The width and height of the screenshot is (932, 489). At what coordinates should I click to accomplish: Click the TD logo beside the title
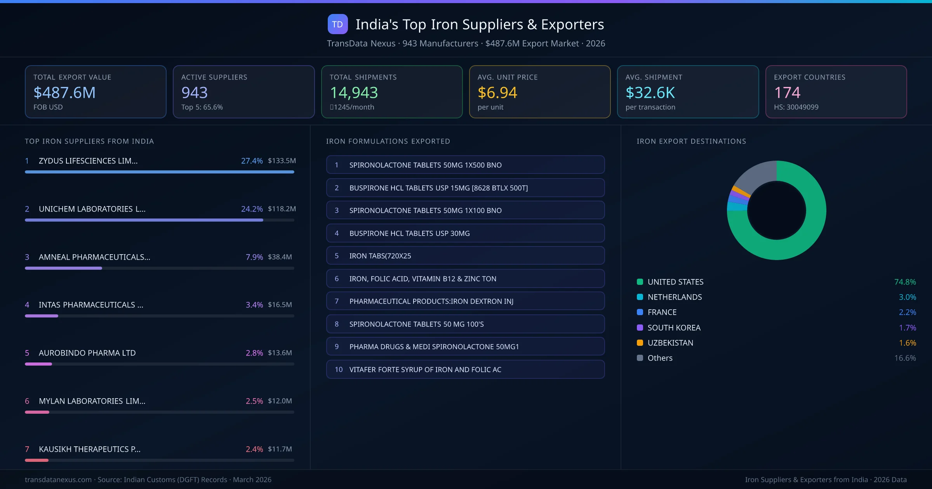(337, 24)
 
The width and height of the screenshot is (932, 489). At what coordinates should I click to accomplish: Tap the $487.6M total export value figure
(64, 93)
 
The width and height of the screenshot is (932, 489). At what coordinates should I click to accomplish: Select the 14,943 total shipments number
(353, 93)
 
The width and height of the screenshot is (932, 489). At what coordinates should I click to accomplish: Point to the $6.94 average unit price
(497, 93)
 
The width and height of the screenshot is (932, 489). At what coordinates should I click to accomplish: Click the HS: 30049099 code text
(796, 107)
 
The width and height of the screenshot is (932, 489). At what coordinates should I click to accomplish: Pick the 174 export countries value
(787, 93)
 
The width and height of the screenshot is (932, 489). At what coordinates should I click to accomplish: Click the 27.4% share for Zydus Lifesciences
(252, 161)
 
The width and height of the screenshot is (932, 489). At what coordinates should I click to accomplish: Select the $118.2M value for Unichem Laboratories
(282, 209)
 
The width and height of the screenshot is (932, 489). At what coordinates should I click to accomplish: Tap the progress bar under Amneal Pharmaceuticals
(159, 268)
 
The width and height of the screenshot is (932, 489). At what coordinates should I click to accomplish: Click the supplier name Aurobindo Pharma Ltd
(87, 353)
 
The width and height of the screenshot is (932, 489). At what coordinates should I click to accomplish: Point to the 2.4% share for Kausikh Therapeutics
(254, 449)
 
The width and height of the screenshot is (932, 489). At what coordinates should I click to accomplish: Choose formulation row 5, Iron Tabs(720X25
(465, 256)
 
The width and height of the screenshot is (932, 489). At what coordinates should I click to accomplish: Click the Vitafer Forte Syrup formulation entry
(465, 369)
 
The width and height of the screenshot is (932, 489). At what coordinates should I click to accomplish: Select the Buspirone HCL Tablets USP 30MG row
(465, 233)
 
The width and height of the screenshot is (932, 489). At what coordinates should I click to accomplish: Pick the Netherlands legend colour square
(640, 297)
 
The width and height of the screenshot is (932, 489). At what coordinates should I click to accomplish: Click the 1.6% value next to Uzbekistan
(907, 343)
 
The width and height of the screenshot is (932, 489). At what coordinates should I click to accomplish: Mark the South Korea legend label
(674, 328)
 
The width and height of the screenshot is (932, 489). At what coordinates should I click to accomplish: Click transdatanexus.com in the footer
(58, 480)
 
